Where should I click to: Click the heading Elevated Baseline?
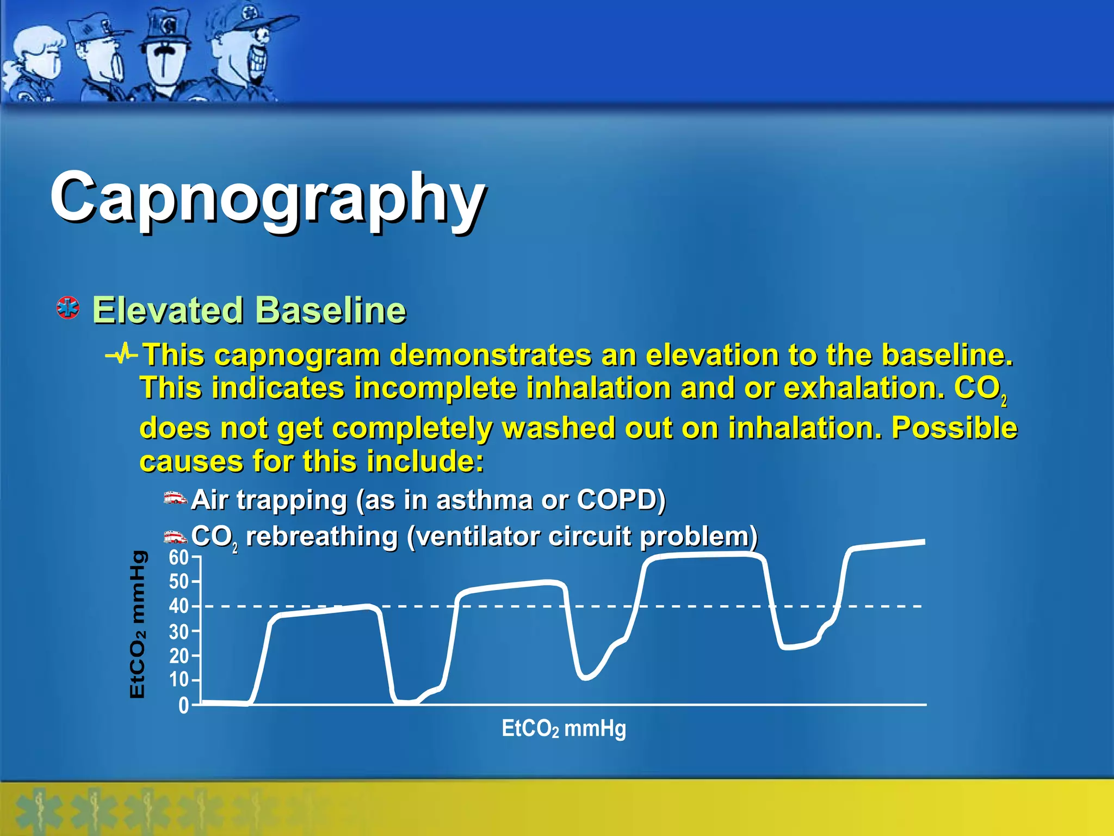[249, 310]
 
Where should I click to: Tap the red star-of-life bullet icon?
[68, 308]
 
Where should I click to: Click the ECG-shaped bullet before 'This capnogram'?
[122, 355]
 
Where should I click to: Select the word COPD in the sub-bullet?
[620, 500]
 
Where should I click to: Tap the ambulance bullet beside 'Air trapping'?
[175, 499]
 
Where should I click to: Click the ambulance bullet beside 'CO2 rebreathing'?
[175, 537]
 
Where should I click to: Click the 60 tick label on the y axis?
[178, 558]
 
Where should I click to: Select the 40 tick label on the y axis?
[178, 606]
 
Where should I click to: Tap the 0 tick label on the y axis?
[183, 706]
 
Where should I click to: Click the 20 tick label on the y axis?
[178, 656]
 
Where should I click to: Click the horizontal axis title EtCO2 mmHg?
[564, 728]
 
